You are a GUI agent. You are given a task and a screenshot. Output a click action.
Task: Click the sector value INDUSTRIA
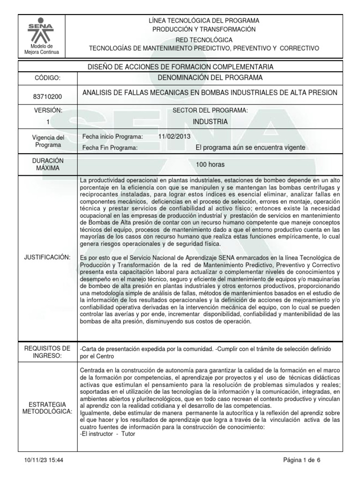point(210,122)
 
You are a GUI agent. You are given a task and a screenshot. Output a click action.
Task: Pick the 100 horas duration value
point(210,165)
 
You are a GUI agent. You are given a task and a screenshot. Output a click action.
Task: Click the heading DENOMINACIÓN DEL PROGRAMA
point(210,77)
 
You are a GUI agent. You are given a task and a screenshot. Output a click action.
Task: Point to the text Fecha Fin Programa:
point(110,148)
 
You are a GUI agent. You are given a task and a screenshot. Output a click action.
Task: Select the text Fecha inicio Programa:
point(112,136)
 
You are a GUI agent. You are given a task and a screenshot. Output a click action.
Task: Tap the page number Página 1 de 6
point(302,460)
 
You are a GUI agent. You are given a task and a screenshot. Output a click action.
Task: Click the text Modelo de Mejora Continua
point(42,49)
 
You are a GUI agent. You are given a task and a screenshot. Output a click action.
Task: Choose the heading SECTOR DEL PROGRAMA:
point(210,110)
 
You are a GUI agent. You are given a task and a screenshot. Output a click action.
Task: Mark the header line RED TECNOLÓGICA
point(203,40)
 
